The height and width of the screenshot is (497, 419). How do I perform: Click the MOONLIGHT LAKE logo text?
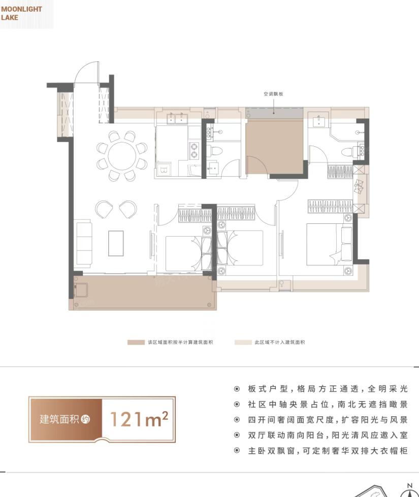tap(21, 13)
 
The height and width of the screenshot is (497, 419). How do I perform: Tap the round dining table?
tap(122, 156)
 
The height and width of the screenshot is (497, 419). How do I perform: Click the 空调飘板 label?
tap(273, 94)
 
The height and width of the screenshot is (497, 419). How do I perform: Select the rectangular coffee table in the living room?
tap(116, 243)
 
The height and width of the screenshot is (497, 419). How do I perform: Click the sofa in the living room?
tap(83, 244)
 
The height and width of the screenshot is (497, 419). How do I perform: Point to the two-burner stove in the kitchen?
tap(194, 151)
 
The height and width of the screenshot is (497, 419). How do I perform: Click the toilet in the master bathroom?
tap(348, 152)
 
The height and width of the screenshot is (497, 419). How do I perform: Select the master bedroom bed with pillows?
tap(329, 245)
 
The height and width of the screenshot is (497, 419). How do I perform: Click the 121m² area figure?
tap(139, 419)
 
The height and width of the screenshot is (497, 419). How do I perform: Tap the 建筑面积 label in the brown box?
tap(59, 419)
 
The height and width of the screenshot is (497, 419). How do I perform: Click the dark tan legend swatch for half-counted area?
tap(136, 342)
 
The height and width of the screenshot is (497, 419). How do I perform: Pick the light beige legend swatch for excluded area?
tap(243, 342)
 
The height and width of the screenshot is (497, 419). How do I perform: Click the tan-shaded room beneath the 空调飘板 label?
tap(274, 146)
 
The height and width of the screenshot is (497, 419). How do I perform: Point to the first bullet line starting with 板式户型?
tap(321, 389)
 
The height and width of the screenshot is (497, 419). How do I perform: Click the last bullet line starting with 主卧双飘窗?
tap(321, 451)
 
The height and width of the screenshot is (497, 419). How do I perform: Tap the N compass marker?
tap(409, 486)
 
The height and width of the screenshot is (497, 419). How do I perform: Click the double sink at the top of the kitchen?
tap(176, 118)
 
